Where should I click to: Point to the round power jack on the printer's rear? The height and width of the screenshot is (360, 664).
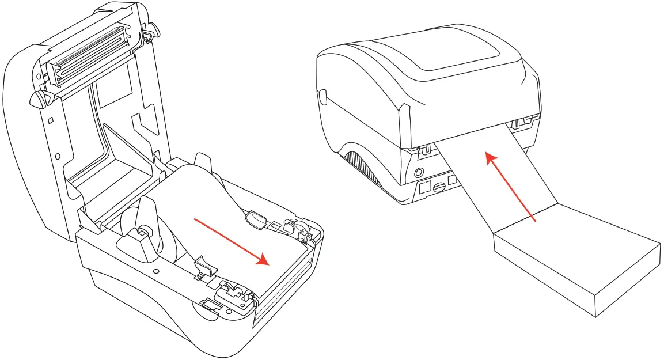pos(419,172)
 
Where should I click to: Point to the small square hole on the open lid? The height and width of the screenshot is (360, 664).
pos(51,120)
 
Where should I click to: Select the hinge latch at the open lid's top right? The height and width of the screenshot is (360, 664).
pos(147,33)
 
